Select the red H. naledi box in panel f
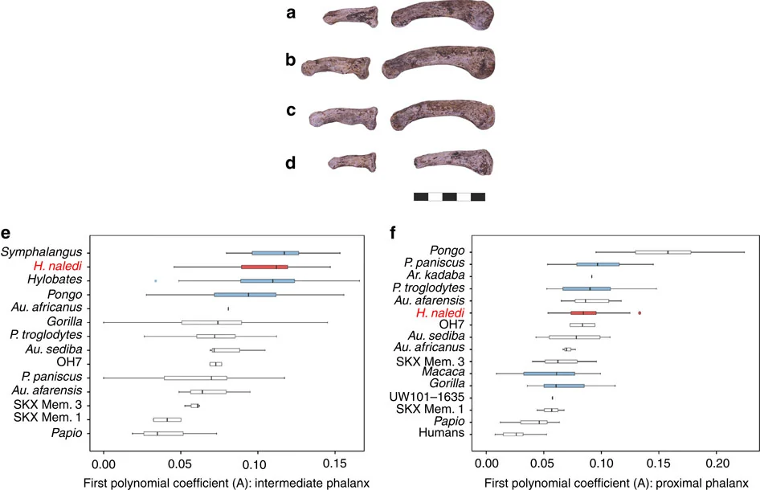click(583, 312)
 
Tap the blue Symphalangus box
click(275, 252)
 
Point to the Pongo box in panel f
click(662, 251)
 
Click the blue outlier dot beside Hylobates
click(155, 280)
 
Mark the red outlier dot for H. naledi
click(639, 312)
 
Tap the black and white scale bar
click(449, 196)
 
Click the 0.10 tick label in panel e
click(257, 463)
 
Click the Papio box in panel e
click(163, 433)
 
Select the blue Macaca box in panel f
click(549, 374)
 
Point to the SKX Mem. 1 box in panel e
click(167, 419)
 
